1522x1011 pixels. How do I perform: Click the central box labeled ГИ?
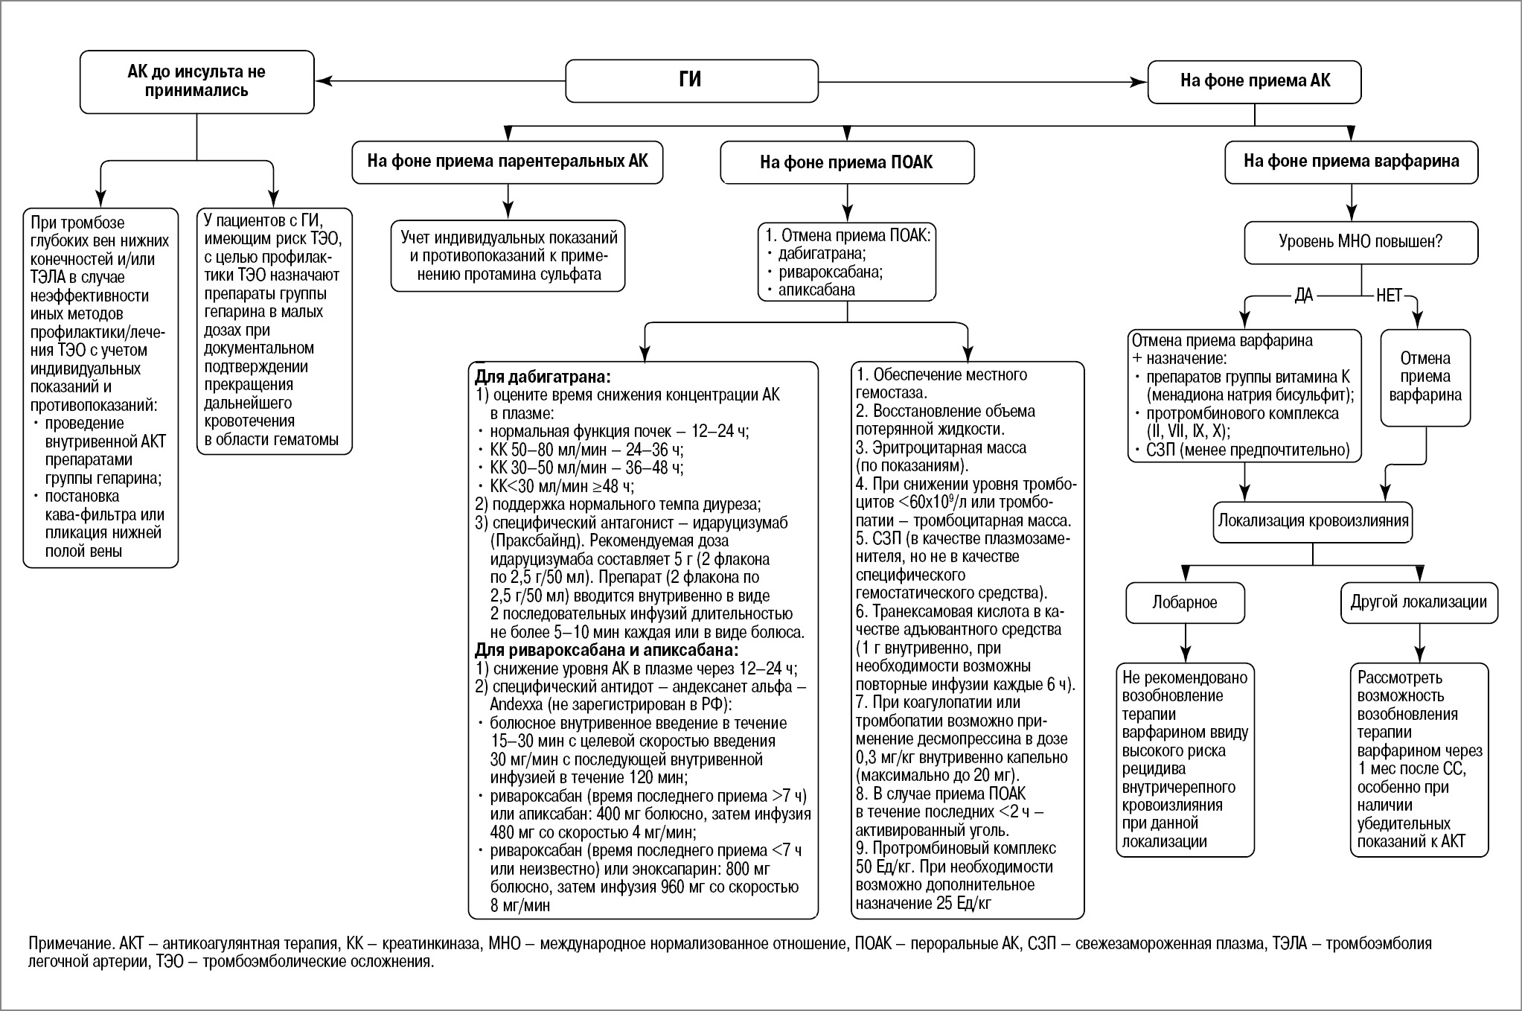point(691,80)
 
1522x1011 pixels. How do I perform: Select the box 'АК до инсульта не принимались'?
point(196,82)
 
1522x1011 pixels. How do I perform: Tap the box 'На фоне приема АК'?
point(1254,81)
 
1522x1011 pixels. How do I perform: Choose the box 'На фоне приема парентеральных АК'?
point(508,161)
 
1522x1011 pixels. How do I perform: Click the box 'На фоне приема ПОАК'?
point(846,162)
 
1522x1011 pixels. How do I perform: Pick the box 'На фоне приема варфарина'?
point(1351,162)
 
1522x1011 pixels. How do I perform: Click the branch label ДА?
point(1303,296)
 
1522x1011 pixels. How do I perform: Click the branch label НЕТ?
point(1389,296)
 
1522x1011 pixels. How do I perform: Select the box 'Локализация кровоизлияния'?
point(1313,520)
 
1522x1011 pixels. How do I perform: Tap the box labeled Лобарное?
point(1184,602)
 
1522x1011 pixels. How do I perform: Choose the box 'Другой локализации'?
point(1419,602)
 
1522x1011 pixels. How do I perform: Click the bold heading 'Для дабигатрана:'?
point(543,376)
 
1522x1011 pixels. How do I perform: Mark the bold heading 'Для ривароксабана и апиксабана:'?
point(606,651)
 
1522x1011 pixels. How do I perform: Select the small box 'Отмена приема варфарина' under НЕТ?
point(1425,377)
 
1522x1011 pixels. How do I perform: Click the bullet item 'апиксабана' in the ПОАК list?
point(816,290)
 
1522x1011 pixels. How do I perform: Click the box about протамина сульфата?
point(508,256)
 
